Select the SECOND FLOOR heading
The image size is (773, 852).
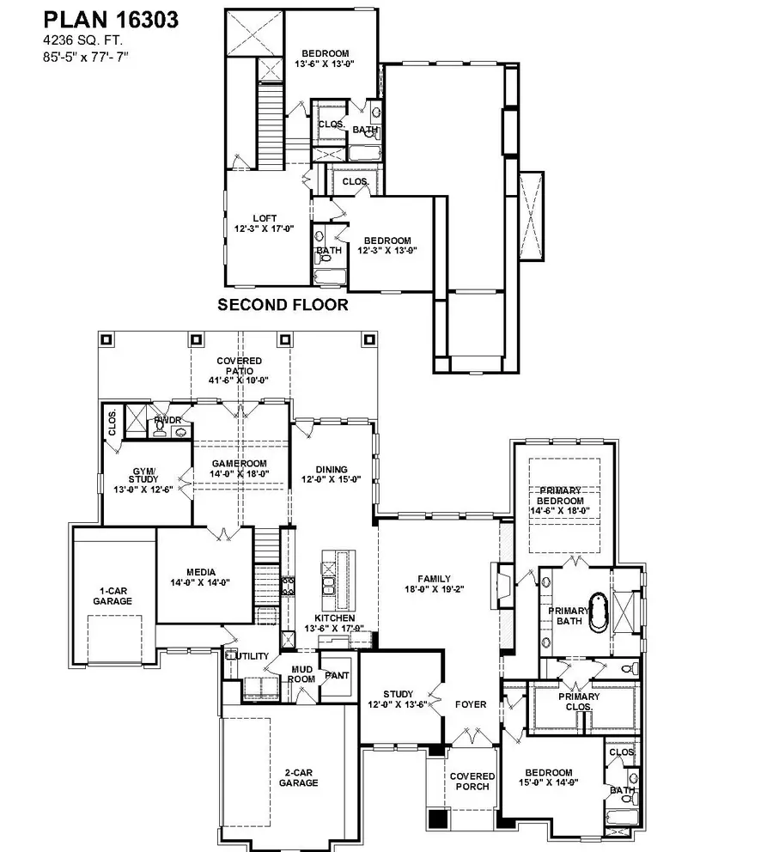[x=283, y=305]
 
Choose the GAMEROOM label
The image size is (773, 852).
[x=241, y=463]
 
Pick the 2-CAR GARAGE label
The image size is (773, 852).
[x=298, y=777]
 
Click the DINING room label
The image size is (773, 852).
[x=331, y=469]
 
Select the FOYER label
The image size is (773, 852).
[x=472, y=704]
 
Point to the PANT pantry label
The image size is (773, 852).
[x=336, y=676]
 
